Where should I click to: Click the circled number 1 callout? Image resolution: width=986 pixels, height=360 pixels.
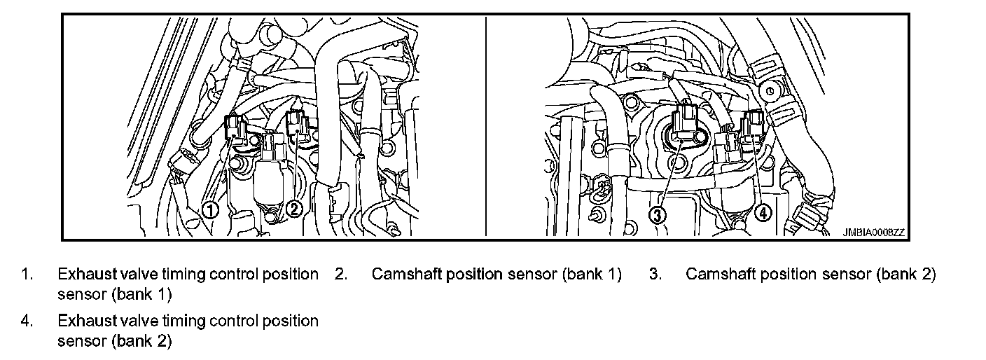pos(210,209)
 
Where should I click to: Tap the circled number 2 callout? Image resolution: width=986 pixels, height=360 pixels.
pos(296,209)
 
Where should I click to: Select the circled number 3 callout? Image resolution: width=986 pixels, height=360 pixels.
pos(658,215)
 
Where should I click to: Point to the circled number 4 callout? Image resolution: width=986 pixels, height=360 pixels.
pos(763,212)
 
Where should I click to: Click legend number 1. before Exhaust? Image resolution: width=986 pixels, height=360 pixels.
pos(27,275)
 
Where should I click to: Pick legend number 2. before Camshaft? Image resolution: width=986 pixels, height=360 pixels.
pos(341,275)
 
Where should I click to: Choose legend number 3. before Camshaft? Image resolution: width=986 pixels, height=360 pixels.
pos(655,275)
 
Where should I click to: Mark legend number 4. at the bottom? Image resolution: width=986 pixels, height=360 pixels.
pos(27,321)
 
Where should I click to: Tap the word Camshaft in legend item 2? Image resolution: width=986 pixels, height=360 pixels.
pos(404,275)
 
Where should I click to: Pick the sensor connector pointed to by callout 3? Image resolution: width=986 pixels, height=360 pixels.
pos(683,125)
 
